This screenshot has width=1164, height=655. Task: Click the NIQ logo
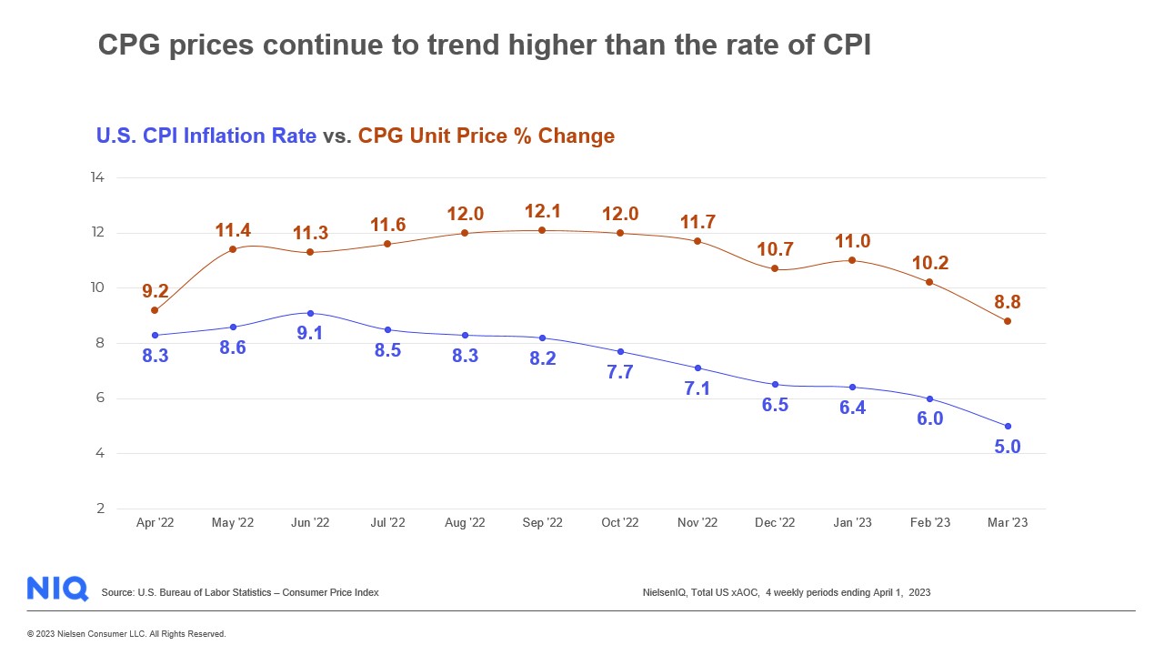[57, 589]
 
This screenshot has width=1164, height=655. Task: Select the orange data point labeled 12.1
[542, 230]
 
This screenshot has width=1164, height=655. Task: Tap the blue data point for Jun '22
[310, 313]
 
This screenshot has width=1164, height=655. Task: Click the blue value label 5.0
[1007, 447]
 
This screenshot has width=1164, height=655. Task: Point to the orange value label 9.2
[155, 292]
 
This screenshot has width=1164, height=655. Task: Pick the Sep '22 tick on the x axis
[542, 523]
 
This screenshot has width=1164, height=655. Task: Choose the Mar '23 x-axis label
[1007, 523]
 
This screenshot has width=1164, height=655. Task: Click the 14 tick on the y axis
[97, 177]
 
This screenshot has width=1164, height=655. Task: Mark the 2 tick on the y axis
[100, 509]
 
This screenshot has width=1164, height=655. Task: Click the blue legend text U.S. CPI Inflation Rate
[206, 136]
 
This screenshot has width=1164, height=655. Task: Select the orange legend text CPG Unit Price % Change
[487, 136]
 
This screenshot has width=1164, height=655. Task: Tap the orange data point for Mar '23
[1007, 321]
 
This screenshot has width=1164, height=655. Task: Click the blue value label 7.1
[697, 388]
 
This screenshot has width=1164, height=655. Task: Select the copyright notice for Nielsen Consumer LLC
[126, 634]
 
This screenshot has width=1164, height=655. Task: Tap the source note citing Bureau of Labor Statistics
[240, 593]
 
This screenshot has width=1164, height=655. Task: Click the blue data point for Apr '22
[155, 336]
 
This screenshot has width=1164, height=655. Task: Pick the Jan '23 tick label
[852, 523]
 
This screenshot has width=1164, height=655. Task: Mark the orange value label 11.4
[233, 230]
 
